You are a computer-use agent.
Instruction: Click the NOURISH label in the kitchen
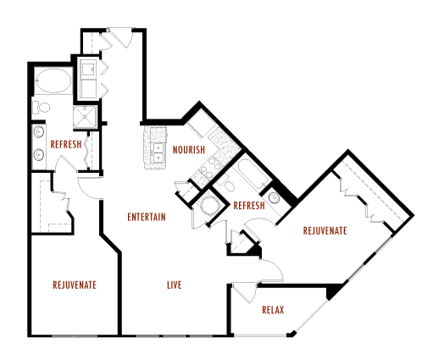click(190, 151)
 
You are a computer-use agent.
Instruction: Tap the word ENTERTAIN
click(146, 217)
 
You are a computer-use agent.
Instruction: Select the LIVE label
click(174, 285)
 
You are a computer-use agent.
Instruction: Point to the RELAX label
click(272, 309)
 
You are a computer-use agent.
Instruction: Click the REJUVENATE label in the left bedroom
click(74, 285)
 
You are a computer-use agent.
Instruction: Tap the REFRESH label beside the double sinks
click(66, 144)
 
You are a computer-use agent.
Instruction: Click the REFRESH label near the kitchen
click(249, 204)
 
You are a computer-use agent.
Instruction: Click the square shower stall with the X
click(88, 116)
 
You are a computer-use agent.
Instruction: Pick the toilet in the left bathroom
click(41, 108)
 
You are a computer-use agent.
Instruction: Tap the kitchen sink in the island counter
click(158, 151)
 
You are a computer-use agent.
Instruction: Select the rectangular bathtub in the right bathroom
click(251, 175)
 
